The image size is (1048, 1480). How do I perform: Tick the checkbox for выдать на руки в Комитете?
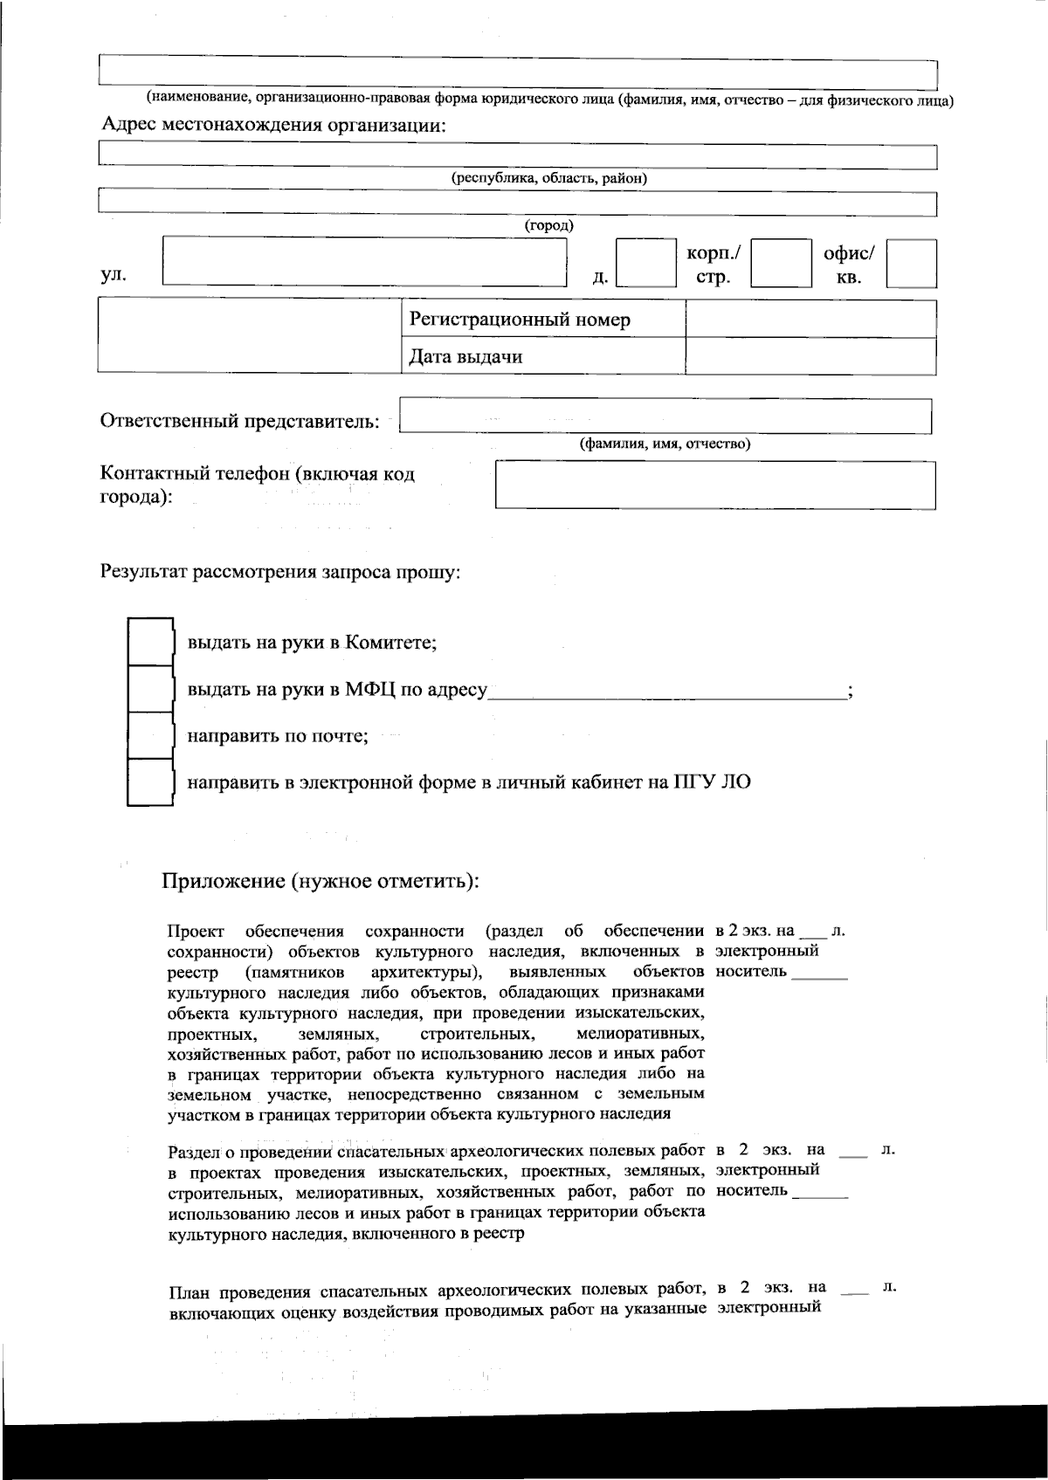coord(150,642)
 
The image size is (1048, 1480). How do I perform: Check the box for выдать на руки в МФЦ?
coord(150,689)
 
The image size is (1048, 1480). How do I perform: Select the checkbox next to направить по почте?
coord(150,735)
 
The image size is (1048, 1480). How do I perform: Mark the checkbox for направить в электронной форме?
coord(150,781)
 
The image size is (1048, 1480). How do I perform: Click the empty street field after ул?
coord(364,261)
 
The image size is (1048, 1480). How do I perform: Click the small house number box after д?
coord(645,263)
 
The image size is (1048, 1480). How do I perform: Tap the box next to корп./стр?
coord(781,263)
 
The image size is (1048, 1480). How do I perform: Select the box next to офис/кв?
coord(911,263)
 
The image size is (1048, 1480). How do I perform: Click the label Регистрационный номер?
coord(520,320)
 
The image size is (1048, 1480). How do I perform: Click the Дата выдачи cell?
coord(466,356)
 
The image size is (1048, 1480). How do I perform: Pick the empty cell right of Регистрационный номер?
coord(810,320)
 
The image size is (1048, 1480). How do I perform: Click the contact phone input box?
coord(714,485)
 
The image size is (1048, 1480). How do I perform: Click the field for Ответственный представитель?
coord(665,416)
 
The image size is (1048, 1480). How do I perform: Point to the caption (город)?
coord(548,225)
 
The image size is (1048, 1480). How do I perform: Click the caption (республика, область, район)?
coord(548,178)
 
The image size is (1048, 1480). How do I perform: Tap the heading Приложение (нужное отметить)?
coord(320,879)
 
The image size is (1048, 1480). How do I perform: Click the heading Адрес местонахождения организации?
coord(273,125)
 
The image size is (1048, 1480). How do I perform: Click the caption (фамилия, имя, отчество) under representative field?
coord(665,444)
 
